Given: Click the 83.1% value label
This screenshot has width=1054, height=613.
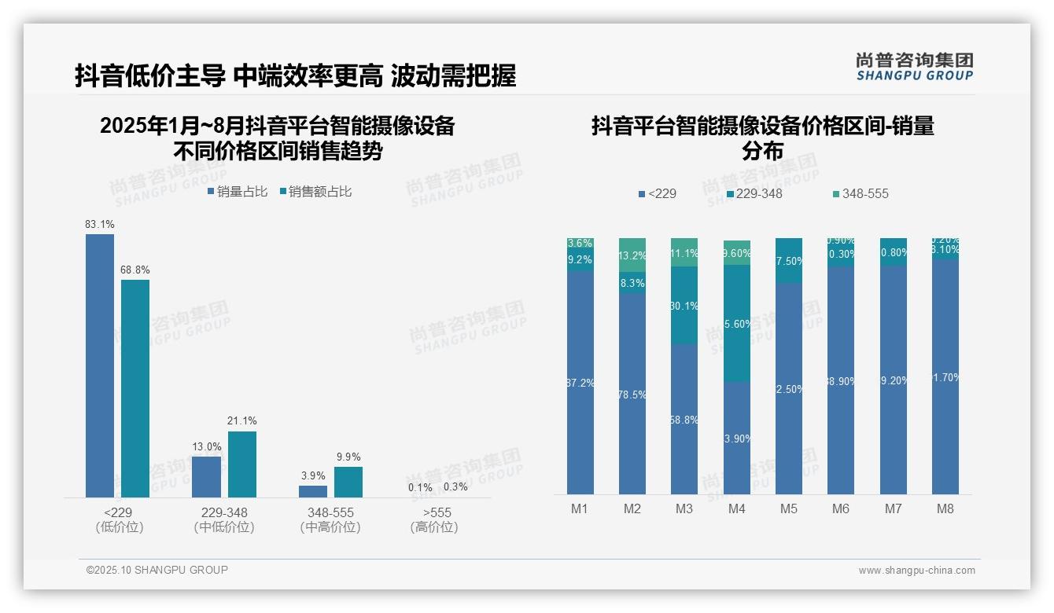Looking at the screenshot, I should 99,225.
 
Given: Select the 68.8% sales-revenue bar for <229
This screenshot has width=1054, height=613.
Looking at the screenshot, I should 135,388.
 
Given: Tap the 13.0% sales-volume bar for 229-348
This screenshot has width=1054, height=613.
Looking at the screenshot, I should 206,476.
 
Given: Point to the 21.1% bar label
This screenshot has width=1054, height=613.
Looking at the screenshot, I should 241,421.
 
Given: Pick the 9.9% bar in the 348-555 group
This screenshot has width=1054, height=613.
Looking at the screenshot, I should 348,482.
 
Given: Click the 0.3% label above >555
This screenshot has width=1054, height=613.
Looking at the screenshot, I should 455,487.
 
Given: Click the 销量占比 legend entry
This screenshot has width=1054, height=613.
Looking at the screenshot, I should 238,192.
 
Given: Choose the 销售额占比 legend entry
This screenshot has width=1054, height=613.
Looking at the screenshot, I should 315,192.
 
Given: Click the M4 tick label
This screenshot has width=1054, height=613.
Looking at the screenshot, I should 736,508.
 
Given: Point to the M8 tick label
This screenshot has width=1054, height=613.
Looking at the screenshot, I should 945,508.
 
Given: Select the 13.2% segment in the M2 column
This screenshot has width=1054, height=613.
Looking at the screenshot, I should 632,255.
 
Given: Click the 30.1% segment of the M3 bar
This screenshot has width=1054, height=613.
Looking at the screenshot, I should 684,305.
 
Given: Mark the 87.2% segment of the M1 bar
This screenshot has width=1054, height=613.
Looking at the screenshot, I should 580,383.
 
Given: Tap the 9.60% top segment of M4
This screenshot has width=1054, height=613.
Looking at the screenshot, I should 736,253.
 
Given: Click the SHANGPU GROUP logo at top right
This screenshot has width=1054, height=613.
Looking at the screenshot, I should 914,67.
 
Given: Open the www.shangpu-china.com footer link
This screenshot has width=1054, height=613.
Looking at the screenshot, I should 916,571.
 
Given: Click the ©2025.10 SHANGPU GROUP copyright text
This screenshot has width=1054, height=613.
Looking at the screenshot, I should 157,570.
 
